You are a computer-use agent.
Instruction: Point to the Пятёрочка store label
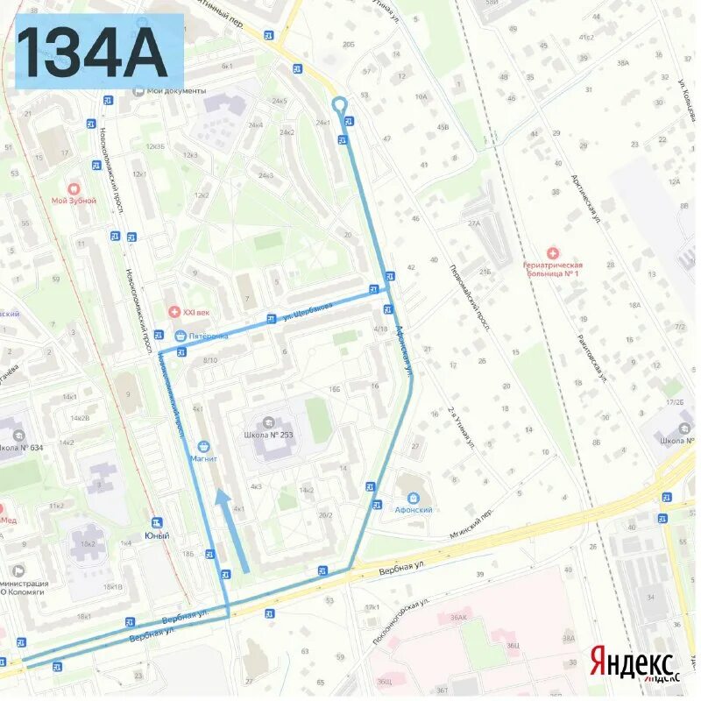pos(208,336)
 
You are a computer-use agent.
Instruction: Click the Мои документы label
pos(176,91)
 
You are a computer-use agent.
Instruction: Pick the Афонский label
pos(414,509)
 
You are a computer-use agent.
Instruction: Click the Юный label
pos(157,535)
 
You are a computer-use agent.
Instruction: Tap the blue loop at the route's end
pos(340,106)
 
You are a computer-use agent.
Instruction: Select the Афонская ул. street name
pos(404,350)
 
